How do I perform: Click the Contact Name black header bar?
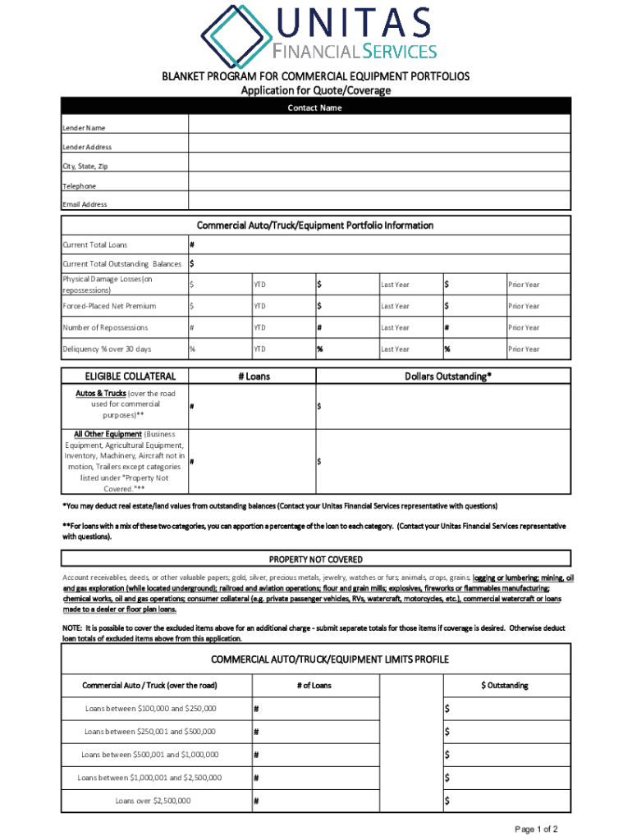315,108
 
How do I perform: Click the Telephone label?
80,186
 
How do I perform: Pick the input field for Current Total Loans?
379,244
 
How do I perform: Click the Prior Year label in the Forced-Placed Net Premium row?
523,306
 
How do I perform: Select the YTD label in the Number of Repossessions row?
259,327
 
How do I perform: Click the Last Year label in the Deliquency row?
395,349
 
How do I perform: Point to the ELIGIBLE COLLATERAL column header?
126,377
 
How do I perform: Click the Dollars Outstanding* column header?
448,377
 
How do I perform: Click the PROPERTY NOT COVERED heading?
316,559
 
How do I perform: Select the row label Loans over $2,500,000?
153,800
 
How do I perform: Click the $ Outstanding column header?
505,685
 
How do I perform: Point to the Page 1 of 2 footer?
537,829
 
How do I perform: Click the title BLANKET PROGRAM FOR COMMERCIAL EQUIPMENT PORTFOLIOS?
315,76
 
